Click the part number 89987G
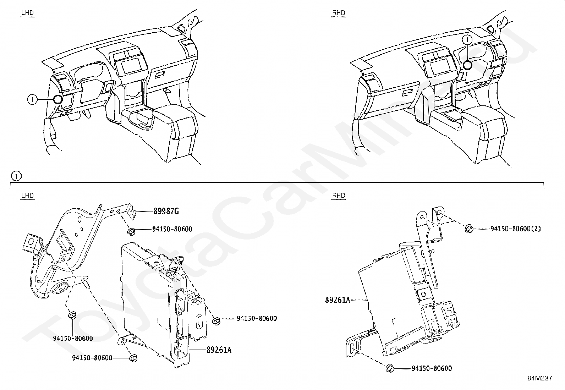(x=166, y=212)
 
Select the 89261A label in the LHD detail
(x=219, y=350)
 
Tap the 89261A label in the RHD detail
(x=337, y=300)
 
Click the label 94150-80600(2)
(x=515, y=229)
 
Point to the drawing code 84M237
(x=539, y=378)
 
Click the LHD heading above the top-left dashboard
(x=27, y=13)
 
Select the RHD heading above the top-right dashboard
(x=338, y=13)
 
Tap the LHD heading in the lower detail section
(x=27, y=196)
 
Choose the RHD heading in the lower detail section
(x=338, y=196)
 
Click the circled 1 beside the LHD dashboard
(x=32, y=100)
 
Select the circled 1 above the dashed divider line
(x=16, y=176)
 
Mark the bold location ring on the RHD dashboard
(x=467, y=65)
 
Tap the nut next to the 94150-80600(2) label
(x=468, y=229)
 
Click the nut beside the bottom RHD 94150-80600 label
(x=390, y=368)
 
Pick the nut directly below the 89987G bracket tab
(x=130, y=232)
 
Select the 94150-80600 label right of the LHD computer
(x=257, y=319)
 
